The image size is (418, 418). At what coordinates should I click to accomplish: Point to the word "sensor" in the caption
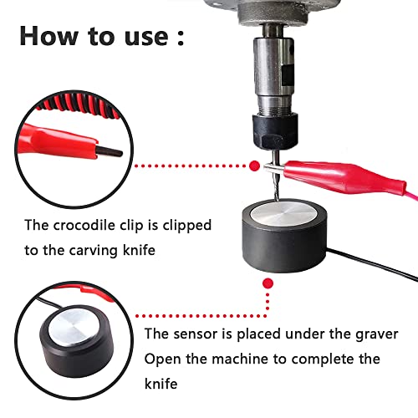click(x=201, y=334)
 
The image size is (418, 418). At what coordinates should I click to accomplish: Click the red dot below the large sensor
click(x=266, y=285)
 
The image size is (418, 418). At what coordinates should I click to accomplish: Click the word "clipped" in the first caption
click(x=184, y=226)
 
